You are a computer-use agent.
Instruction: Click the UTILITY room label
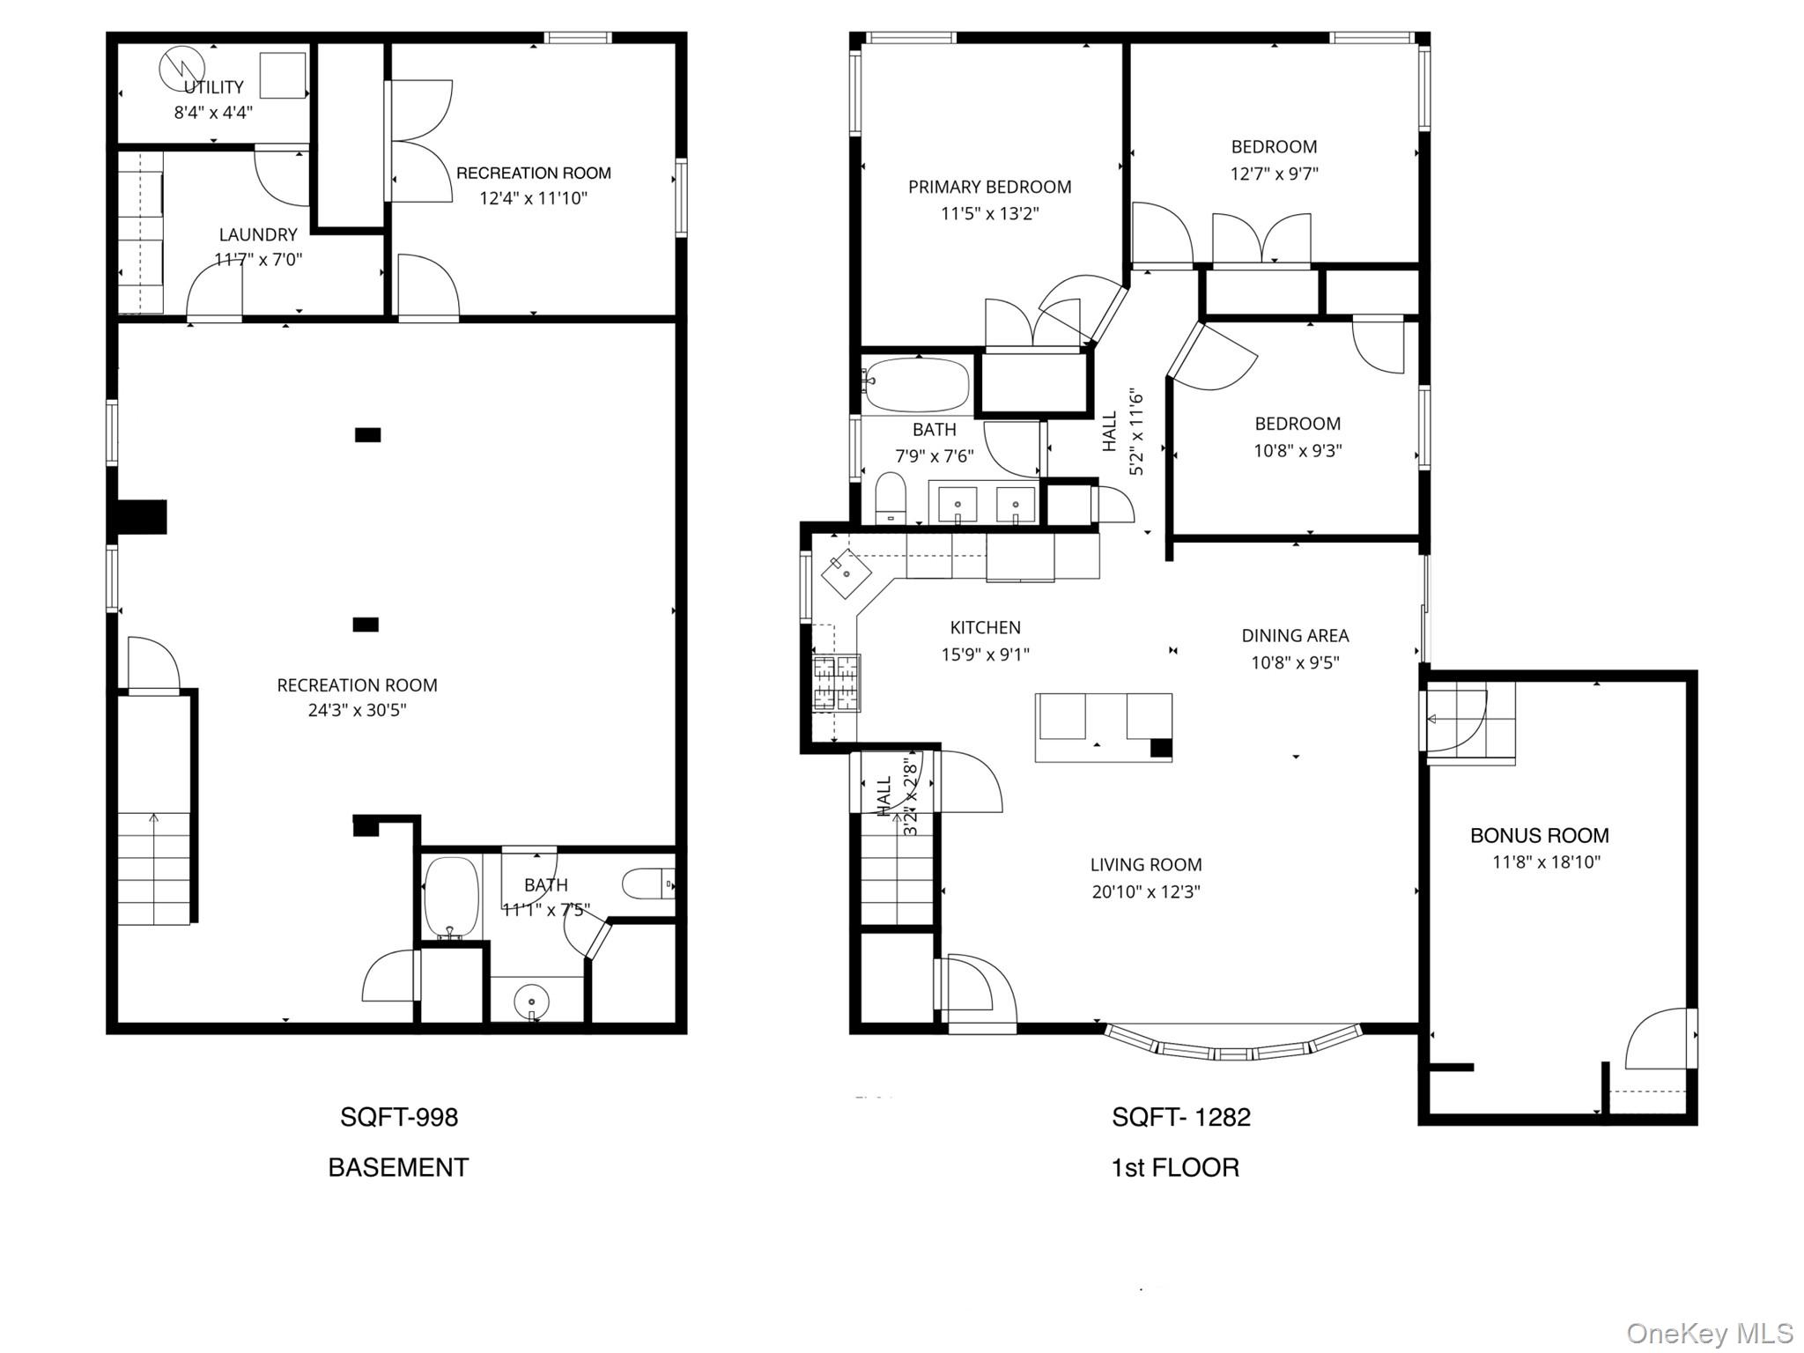(x=214, y=87)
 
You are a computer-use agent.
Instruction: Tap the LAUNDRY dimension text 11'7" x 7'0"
(x=258, y=260)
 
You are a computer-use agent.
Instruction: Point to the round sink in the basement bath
(x=532, y=1002)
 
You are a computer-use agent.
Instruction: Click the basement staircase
(x=154, y=868)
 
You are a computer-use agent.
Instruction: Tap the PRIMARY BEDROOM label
(x=989, y=187)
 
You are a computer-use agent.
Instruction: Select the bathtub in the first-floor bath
(x=916, y=385)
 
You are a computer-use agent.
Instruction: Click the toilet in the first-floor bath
(x=891, y=499)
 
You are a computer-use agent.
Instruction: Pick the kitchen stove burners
(x=836, y=683)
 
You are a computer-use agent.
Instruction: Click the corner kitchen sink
(x=846, y=573)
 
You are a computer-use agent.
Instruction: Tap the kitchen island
(x=1103, y=727)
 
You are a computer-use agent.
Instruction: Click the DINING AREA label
(x=1295, y=635)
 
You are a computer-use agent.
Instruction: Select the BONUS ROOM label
(x=1539, y=835)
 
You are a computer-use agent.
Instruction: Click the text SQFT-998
(x=399, y=1117)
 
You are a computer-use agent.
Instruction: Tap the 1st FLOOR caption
(x=1175, y=1168)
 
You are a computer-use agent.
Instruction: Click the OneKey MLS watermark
(x=1709, y=1333)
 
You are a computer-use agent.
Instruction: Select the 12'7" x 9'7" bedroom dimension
(x=1274, y=174)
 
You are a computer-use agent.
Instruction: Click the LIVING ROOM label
(x=1145, y=865)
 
